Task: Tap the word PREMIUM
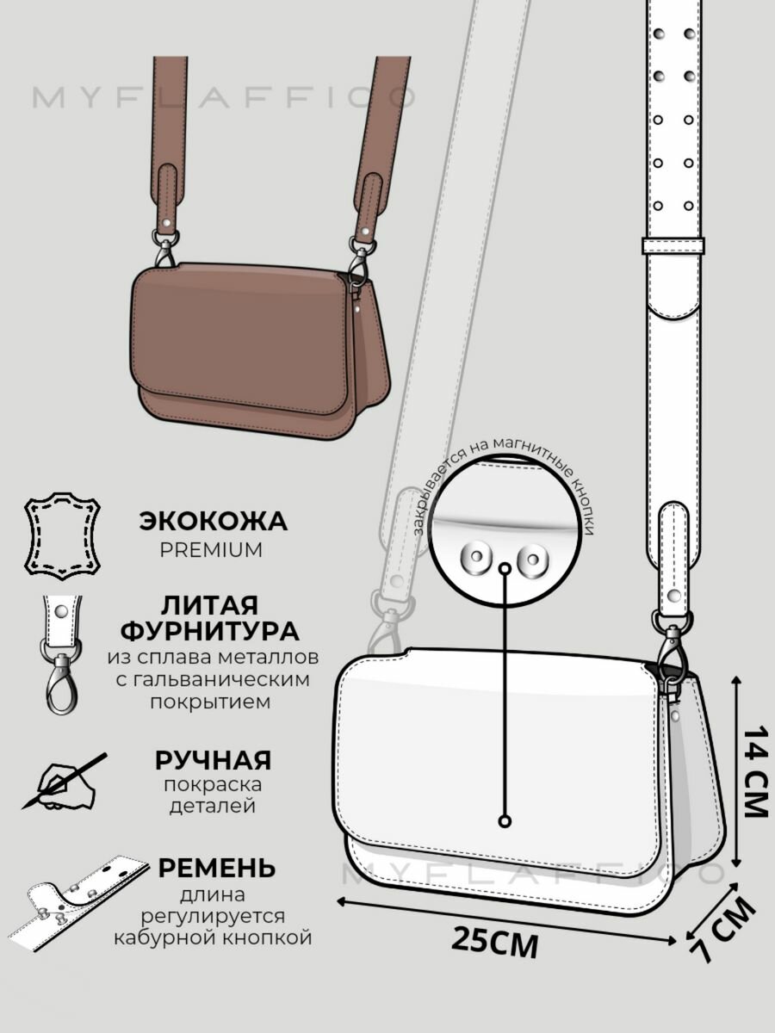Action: tap(212, 550)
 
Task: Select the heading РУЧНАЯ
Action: tap(213, 760)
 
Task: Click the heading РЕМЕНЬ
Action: tap(216, 868)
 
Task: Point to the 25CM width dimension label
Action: tap(495, 943)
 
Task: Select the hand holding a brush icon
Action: tap(64, 782)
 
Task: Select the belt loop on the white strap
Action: tap(673, 245)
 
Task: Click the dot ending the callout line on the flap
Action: tap(505, 820)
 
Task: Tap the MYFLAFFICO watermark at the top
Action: tap(224, 97)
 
